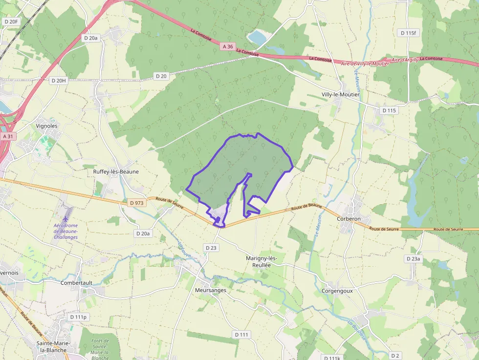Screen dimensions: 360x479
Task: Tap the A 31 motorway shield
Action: coord(8,137)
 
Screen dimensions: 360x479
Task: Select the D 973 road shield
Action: coord(137,203)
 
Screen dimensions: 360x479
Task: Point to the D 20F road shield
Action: coord(11,21)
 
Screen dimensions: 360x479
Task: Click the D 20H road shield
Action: coord(58,80)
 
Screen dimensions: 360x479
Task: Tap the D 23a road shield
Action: coord(413,258)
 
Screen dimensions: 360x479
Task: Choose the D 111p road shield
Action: coord(78,317)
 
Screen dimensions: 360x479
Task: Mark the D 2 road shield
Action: coord(395,355)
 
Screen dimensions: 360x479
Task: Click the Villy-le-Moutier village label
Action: coord(340,94)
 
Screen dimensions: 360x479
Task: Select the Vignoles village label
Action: coord(47,126)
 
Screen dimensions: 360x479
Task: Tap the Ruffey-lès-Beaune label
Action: coord(116,172)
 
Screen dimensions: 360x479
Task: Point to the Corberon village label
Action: coord(348,219)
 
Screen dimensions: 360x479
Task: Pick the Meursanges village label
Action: coord(211,290)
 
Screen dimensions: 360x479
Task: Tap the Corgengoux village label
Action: coord(337,291)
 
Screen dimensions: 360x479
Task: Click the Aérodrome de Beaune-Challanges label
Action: coord(65,231)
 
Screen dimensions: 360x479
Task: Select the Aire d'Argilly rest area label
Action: coord(405,60)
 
